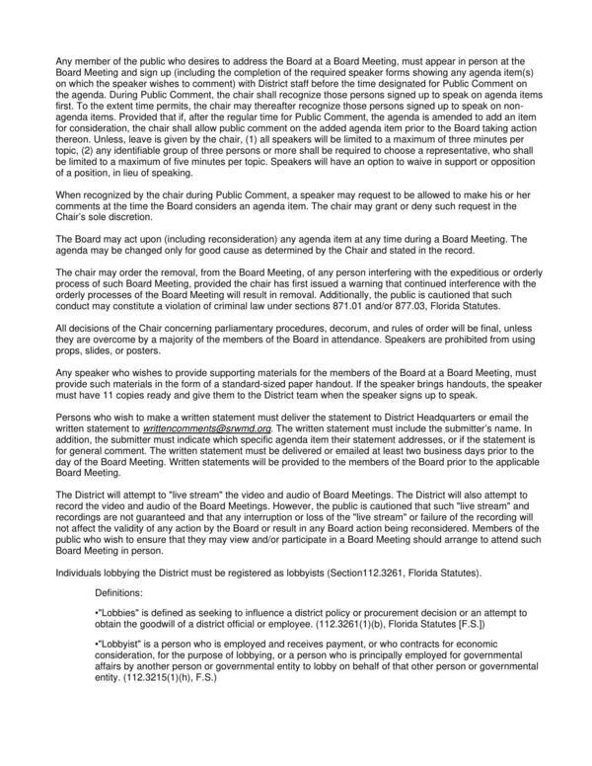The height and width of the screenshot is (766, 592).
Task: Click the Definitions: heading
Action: [x=121, y=592]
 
